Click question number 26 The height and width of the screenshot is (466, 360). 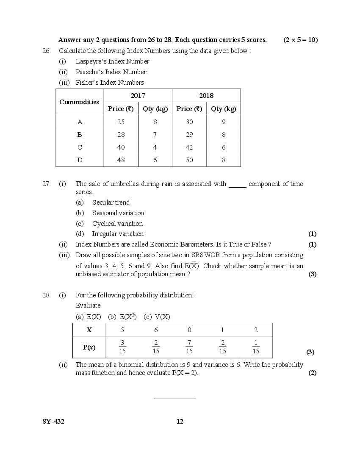click(47, 51)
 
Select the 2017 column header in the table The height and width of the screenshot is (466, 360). click(138, 96)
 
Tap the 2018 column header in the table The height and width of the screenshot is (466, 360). click(206, 96)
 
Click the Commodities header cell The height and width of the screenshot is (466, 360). click(79, 102)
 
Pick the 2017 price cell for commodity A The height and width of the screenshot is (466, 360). click(121, 122)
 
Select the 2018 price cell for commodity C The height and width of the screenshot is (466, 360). click(189, 147)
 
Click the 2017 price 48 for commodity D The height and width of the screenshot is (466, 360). click(121, 160)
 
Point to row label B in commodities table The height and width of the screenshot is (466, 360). click(80, 135)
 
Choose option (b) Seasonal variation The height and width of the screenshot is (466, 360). click(118, 213)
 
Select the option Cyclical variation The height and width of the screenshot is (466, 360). click(118, 224)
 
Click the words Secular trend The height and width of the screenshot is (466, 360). click(111, 202)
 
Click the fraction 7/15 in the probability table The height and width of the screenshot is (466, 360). click(189, 347)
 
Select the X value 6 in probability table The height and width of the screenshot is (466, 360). click(156, 330)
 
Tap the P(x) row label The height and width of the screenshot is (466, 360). click(89, 347)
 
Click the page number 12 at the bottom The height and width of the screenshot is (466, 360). click(180, 422)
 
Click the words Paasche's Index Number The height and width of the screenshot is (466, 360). click(111, 72)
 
